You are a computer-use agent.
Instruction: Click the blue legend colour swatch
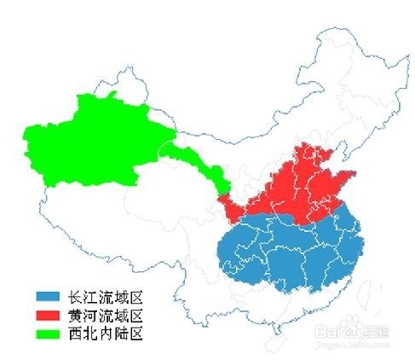tap(48, 295)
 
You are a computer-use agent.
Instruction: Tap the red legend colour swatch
tap(48, 314)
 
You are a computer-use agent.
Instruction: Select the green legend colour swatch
tap(48, 333)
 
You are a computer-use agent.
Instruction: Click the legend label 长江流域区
tap(104, 295)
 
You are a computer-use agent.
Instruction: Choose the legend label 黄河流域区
tap(104, 314)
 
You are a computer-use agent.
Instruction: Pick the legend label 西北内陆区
tap(104, 333)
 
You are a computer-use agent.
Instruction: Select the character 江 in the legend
tap(89, 295)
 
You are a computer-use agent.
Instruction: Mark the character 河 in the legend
tap(89, 314)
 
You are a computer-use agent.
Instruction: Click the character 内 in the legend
tap(104, 333)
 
